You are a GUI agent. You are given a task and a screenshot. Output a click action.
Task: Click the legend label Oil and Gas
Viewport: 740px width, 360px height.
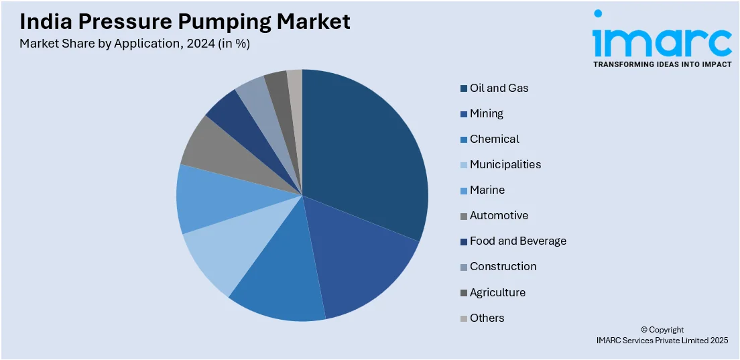click(x=499, y=88)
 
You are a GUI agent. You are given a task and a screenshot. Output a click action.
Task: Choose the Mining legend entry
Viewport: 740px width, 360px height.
click(x=486, y=113)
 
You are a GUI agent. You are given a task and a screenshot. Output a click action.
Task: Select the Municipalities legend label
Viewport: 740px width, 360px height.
click(x=505, y=164)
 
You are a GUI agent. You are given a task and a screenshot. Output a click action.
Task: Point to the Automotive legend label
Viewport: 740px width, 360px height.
click(x=499, y=215)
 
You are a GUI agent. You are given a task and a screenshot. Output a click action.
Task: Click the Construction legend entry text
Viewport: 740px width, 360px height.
click(x=503, y=266)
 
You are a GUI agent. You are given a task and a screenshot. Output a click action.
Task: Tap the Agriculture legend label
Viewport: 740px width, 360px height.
click(x=497, y=292)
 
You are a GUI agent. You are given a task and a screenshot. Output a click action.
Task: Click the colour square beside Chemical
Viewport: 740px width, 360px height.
click(x=463, y=139)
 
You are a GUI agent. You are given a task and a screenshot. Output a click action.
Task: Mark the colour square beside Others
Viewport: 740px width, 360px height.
click(x=463, y=318)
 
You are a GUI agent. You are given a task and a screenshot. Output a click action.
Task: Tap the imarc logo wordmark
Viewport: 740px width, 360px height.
click(x=662, y=42)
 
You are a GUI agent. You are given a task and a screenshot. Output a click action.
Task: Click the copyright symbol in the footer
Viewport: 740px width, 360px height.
click(x=644, y=330)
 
